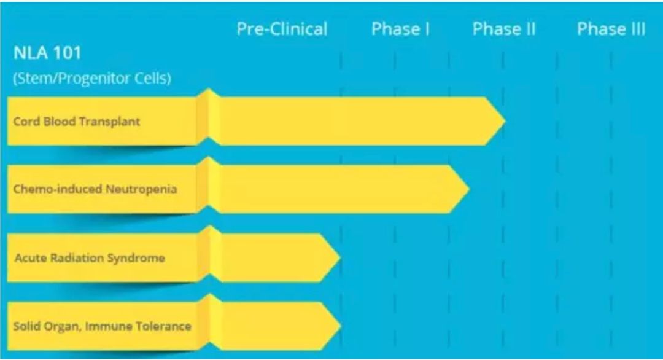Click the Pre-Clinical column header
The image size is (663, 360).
(282, 29)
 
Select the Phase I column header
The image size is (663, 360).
(400, 29)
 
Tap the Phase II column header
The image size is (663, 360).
(503, 29)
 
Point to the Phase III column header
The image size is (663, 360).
(611, 29)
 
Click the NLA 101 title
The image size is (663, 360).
(47, 53)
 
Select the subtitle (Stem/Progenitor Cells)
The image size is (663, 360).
(92, 78)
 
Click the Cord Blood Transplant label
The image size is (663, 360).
(77, 122)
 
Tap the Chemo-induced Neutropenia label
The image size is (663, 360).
(95, 189)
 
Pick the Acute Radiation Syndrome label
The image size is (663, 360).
(90, 257)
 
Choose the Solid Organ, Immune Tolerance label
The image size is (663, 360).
(103, 326)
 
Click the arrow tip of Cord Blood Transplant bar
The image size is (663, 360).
(505, 121)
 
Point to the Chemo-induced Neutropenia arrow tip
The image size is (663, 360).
(469, 189)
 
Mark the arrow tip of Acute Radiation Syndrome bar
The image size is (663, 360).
(340, 257)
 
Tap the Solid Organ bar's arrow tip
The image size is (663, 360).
(340, 326)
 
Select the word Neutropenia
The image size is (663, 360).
(141, 189)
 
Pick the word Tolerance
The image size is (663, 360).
(164, 326)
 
